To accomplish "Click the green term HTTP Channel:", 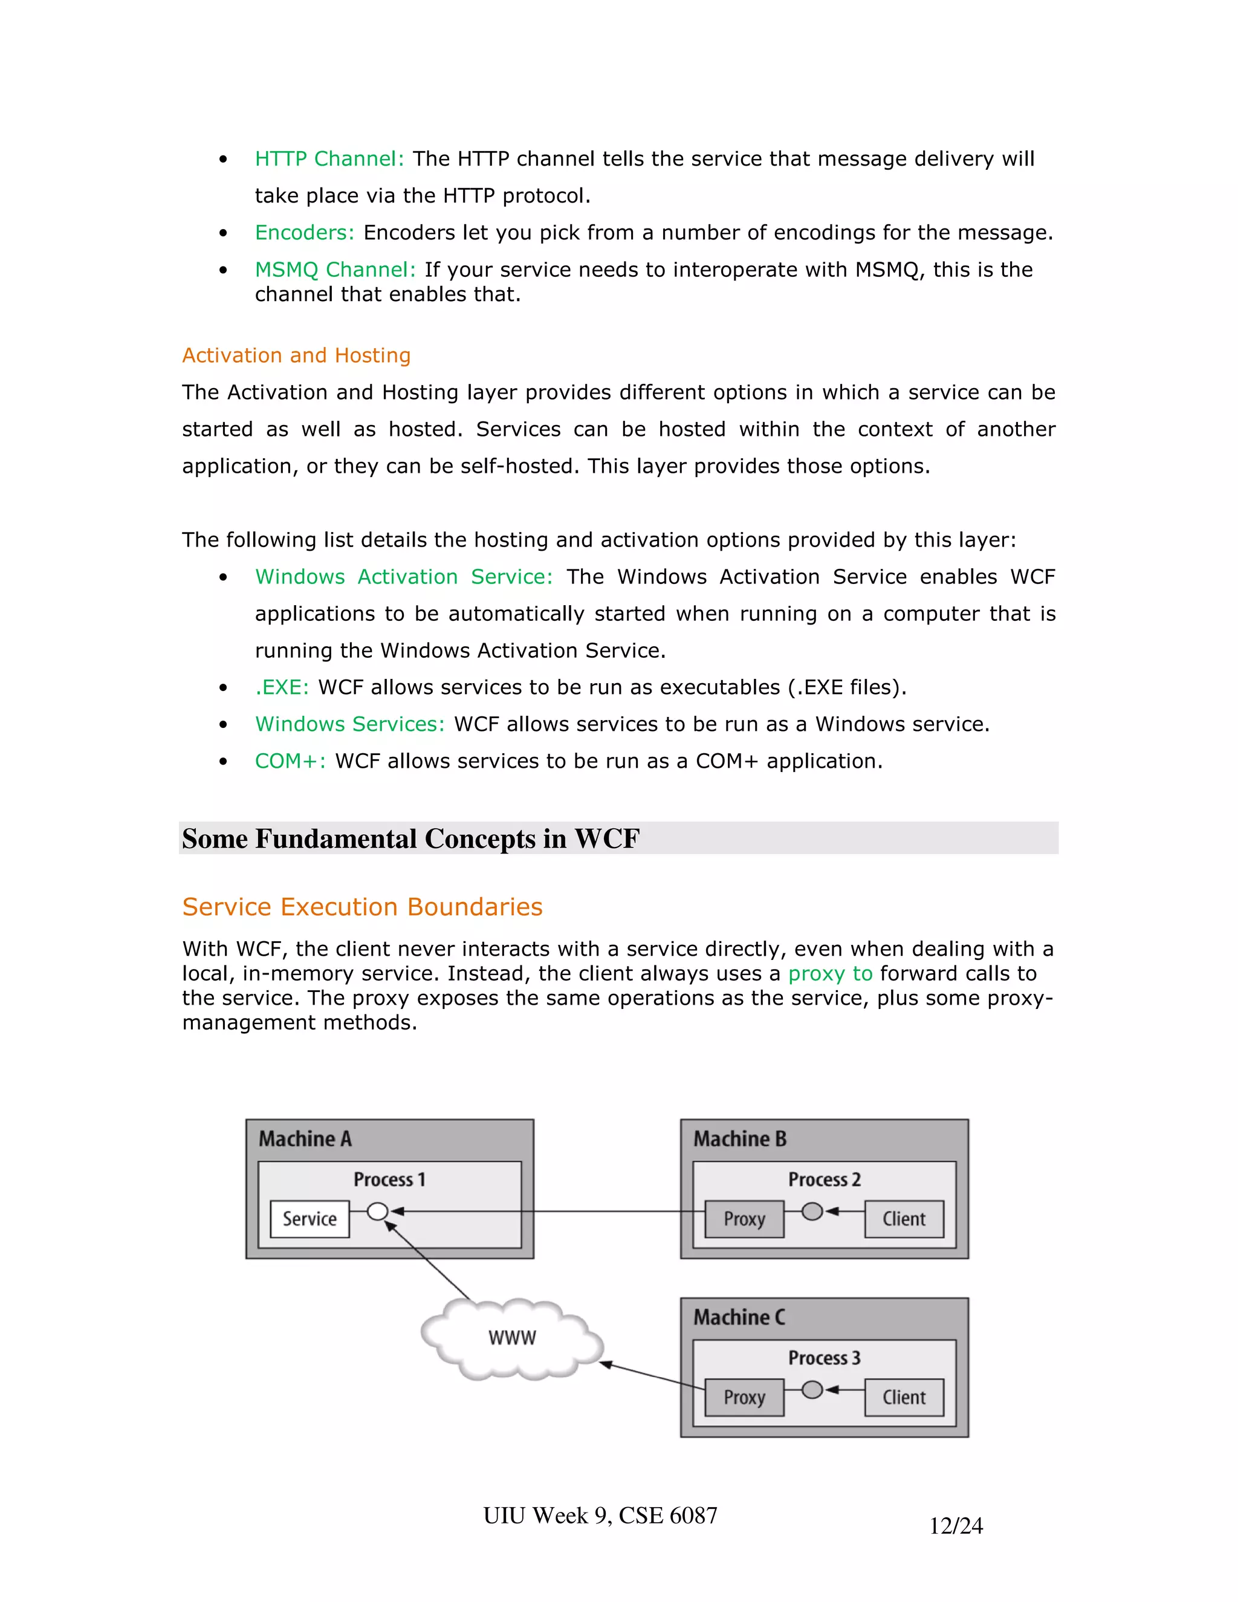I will [329, 158].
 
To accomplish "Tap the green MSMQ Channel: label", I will [335, 270].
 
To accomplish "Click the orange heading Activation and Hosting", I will [296, 355].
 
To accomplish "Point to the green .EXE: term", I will [282, 687].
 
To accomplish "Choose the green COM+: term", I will [290, 761].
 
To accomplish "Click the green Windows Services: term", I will [350, 724].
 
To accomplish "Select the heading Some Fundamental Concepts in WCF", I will [410, 838].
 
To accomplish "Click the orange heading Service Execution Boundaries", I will [362, 907].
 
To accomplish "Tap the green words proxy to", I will [830, 973].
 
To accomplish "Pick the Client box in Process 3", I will [904, 1397].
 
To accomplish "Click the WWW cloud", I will [512, 1338].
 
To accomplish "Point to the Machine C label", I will [739, 1317].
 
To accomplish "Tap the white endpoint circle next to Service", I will [378, 1211].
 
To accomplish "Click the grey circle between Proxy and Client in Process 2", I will [812, 1211].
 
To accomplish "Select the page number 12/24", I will [956, 1526].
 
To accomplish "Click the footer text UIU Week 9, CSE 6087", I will [600, 1516].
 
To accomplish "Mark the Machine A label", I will [305, 1139].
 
